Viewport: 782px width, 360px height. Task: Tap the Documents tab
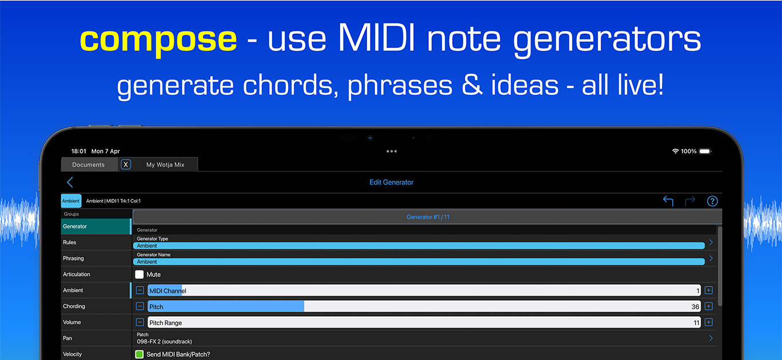tap(89, 165)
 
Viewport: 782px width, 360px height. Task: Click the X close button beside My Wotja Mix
tap(126, 165)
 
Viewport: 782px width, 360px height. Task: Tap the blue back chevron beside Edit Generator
tap(70, 182)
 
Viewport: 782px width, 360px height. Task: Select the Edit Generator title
tap(392, 182)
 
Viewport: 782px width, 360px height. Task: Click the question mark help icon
tap(712, 201)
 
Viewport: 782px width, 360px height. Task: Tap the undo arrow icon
tap(668, 201)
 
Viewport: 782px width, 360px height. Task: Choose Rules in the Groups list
tap(70, 242)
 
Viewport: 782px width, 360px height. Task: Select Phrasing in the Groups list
tap(73, 258)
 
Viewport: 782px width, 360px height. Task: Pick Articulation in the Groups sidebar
tap(77, 274)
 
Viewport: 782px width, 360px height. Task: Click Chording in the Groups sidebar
tap(74, 306)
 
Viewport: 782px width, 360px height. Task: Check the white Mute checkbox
tap(139, 274)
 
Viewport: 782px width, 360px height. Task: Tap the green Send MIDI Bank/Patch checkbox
tap(139, 354)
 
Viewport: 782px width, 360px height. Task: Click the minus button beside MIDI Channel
tap(139, 290)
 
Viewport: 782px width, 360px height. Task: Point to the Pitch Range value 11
tap(696, 323)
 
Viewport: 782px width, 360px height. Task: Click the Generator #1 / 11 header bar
tap(428, 217)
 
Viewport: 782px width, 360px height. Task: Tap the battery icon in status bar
tap(705, 151)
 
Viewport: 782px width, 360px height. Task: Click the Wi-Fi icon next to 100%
tap(675, 151)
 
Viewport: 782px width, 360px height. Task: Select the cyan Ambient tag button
tap(71, 201)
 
